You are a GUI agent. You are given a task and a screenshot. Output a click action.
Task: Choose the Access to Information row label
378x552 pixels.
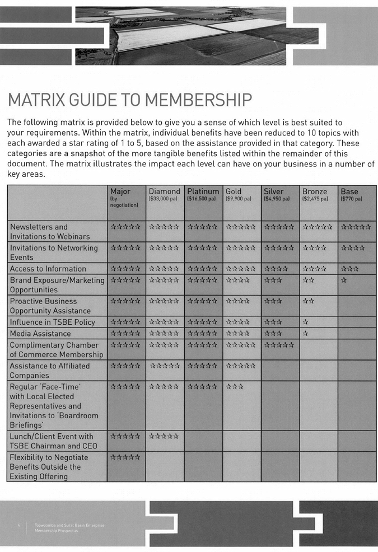(48, 269)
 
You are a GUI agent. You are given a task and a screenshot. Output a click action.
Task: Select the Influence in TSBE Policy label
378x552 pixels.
(52, 322)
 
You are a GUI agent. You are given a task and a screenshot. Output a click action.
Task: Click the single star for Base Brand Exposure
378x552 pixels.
(344, 279)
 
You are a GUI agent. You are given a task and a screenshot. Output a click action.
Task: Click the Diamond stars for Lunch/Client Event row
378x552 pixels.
(164, 436)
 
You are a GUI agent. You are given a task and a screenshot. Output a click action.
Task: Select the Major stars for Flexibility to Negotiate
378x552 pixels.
(125, 457)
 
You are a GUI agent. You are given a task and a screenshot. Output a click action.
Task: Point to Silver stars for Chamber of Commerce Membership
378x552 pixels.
(278, 344)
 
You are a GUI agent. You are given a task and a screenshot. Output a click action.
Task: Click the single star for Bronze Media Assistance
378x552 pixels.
(305, 333)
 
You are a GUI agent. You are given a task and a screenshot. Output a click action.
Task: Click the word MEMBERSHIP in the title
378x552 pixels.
(198, 100)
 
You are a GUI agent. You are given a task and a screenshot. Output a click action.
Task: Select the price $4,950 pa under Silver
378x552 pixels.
(277, 199)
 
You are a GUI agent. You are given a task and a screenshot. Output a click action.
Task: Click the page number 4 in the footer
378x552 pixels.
(18, 525)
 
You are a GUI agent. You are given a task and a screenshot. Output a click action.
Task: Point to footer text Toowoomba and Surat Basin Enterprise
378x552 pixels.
(69, 525)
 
